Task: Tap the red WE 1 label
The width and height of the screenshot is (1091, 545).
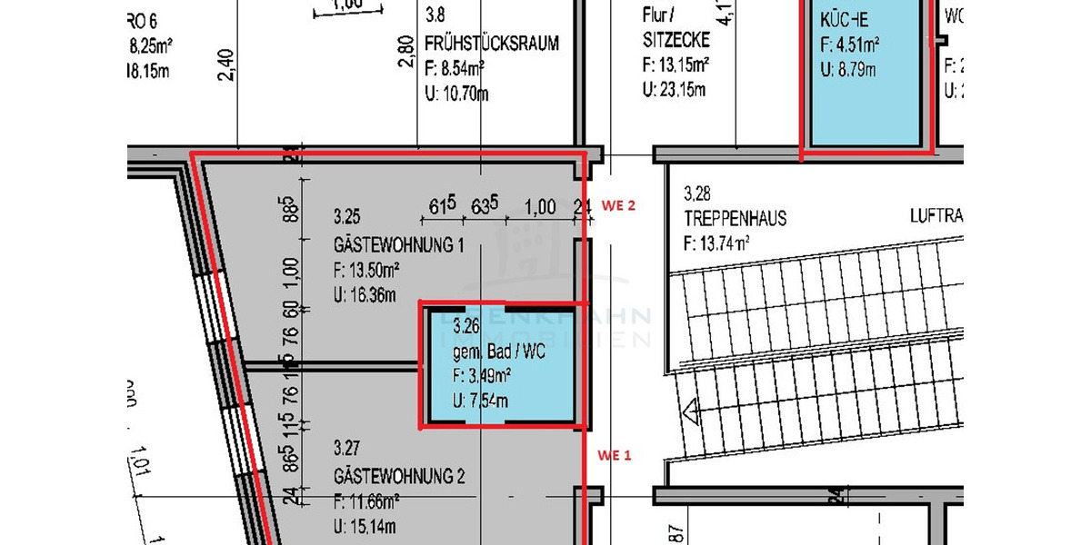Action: tap(614, 455)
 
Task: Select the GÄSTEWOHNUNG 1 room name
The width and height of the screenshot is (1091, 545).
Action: tap(399, 246)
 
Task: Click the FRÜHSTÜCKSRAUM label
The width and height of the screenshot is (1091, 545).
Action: tap(491, 43)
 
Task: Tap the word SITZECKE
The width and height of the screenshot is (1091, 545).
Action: tap(676, 43)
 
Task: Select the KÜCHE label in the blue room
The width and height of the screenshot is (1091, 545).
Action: tap(845, 20)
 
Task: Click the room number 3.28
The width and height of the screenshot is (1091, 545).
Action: tap(696, 193)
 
